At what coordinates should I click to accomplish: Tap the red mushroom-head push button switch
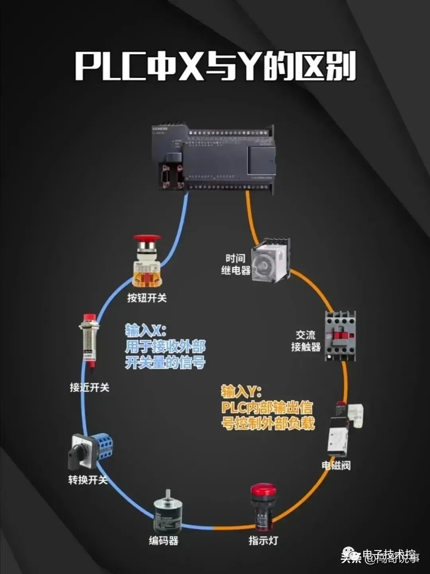click(147, 261)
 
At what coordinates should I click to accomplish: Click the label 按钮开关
click(147, 298)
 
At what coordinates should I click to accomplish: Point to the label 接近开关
click(90, 387)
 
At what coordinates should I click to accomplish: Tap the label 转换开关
click(88, 480)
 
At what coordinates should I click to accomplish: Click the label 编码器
click(164, 541)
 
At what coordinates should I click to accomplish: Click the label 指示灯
click(263, 541)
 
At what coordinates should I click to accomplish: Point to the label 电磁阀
click(336, 465)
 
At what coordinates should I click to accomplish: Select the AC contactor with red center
click(340, 336)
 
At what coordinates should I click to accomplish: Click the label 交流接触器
click(306, 341)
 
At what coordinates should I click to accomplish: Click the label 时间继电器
click(236, 264)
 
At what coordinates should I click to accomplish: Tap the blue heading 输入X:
click(146, 331)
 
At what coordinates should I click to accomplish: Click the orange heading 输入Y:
click(241, 392)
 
